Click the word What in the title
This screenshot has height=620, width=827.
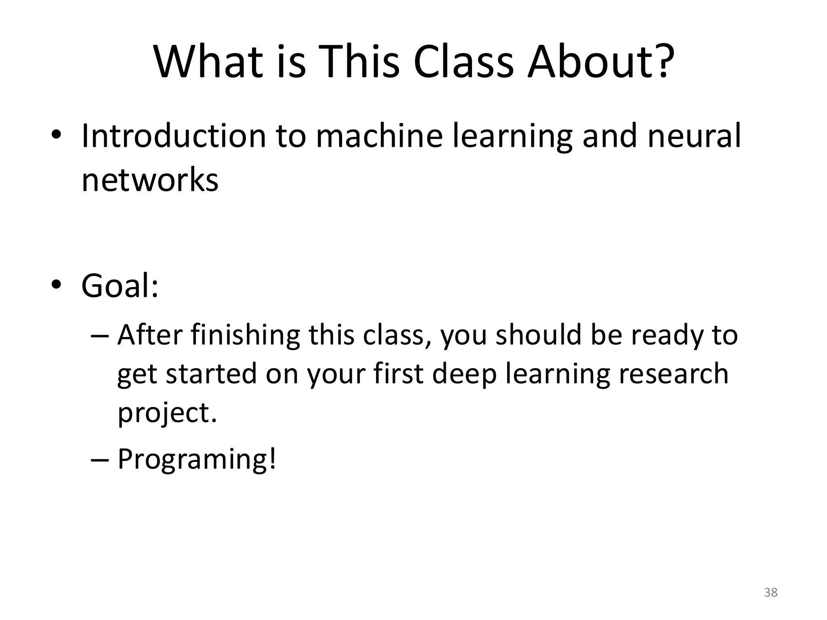208,63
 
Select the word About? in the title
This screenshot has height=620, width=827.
601,63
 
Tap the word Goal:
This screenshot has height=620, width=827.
120,286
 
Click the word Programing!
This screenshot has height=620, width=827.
197,459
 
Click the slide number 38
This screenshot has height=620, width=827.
770,593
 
